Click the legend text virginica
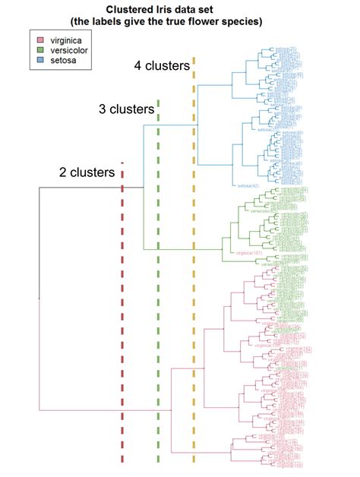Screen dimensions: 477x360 (67, 38)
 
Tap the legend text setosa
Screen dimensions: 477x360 (63, 58)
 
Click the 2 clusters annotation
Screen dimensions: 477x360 (87, 172)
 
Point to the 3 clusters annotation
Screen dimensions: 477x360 (126, 109)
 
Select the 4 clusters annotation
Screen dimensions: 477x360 (162, 66)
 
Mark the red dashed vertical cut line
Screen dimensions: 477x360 (122, 319)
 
